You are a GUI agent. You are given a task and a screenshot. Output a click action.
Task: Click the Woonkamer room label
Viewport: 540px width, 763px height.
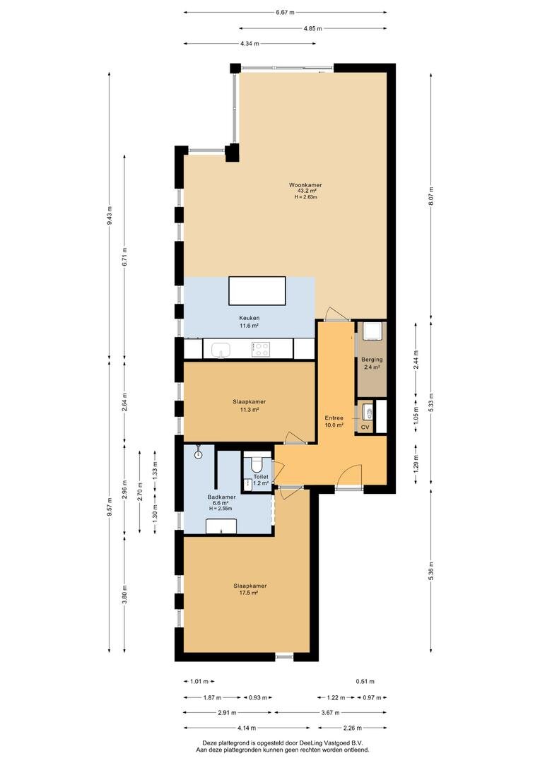click(x=305, y=185)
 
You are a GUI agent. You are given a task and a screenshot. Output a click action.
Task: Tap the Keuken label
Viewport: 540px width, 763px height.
click(x=249, y=318)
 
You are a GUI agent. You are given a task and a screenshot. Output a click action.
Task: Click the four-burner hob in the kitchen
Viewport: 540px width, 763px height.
click(x=261, y=349)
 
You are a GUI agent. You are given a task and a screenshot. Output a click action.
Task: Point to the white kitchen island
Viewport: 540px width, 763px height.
click(x=257, y=290)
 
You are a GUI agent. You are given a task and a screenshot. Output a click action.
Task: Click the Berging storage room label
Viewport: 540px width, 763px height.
click(x=372, y=360)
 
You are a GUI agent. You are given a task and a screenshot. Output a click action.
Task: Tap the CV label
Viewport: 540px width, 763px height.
click(x=365, y=427)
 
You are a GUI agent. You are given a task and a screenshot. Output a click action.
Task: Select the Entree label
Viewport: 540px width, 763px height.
click(x=334, y=418)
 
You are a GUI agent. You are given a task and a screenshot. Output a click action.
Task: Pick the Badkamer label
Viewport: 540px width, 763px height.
click(x=221, y=497)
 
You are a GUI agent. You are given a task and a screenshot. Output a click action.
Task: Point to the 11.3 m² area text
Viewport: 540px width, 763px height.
click(x=249, y=409)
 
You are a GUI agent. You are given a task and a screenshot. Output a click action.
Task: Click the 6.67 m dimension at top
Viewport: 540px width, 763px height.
click(x=285, y=13)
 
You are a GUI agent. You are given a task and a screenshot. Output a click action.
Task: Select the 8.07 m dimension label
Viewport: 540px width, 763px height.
click(x=430, y=196)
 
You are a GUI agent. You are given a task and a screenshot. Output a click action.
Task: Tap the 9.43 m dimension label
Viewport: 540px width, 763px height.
click(x=109, y=215)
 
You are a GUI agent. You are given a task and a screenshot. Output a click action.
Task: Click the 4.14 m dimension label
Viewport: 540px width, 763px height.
click(x=247, y=728)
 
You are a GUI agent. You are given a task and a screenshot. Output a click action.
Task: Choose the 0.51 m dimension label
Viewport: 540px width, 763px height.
click(x=365, y=681)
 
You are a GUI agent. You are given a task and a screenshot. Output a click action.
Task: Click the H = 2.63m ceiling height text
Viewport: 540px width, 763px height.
click(x=306, y=197)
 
